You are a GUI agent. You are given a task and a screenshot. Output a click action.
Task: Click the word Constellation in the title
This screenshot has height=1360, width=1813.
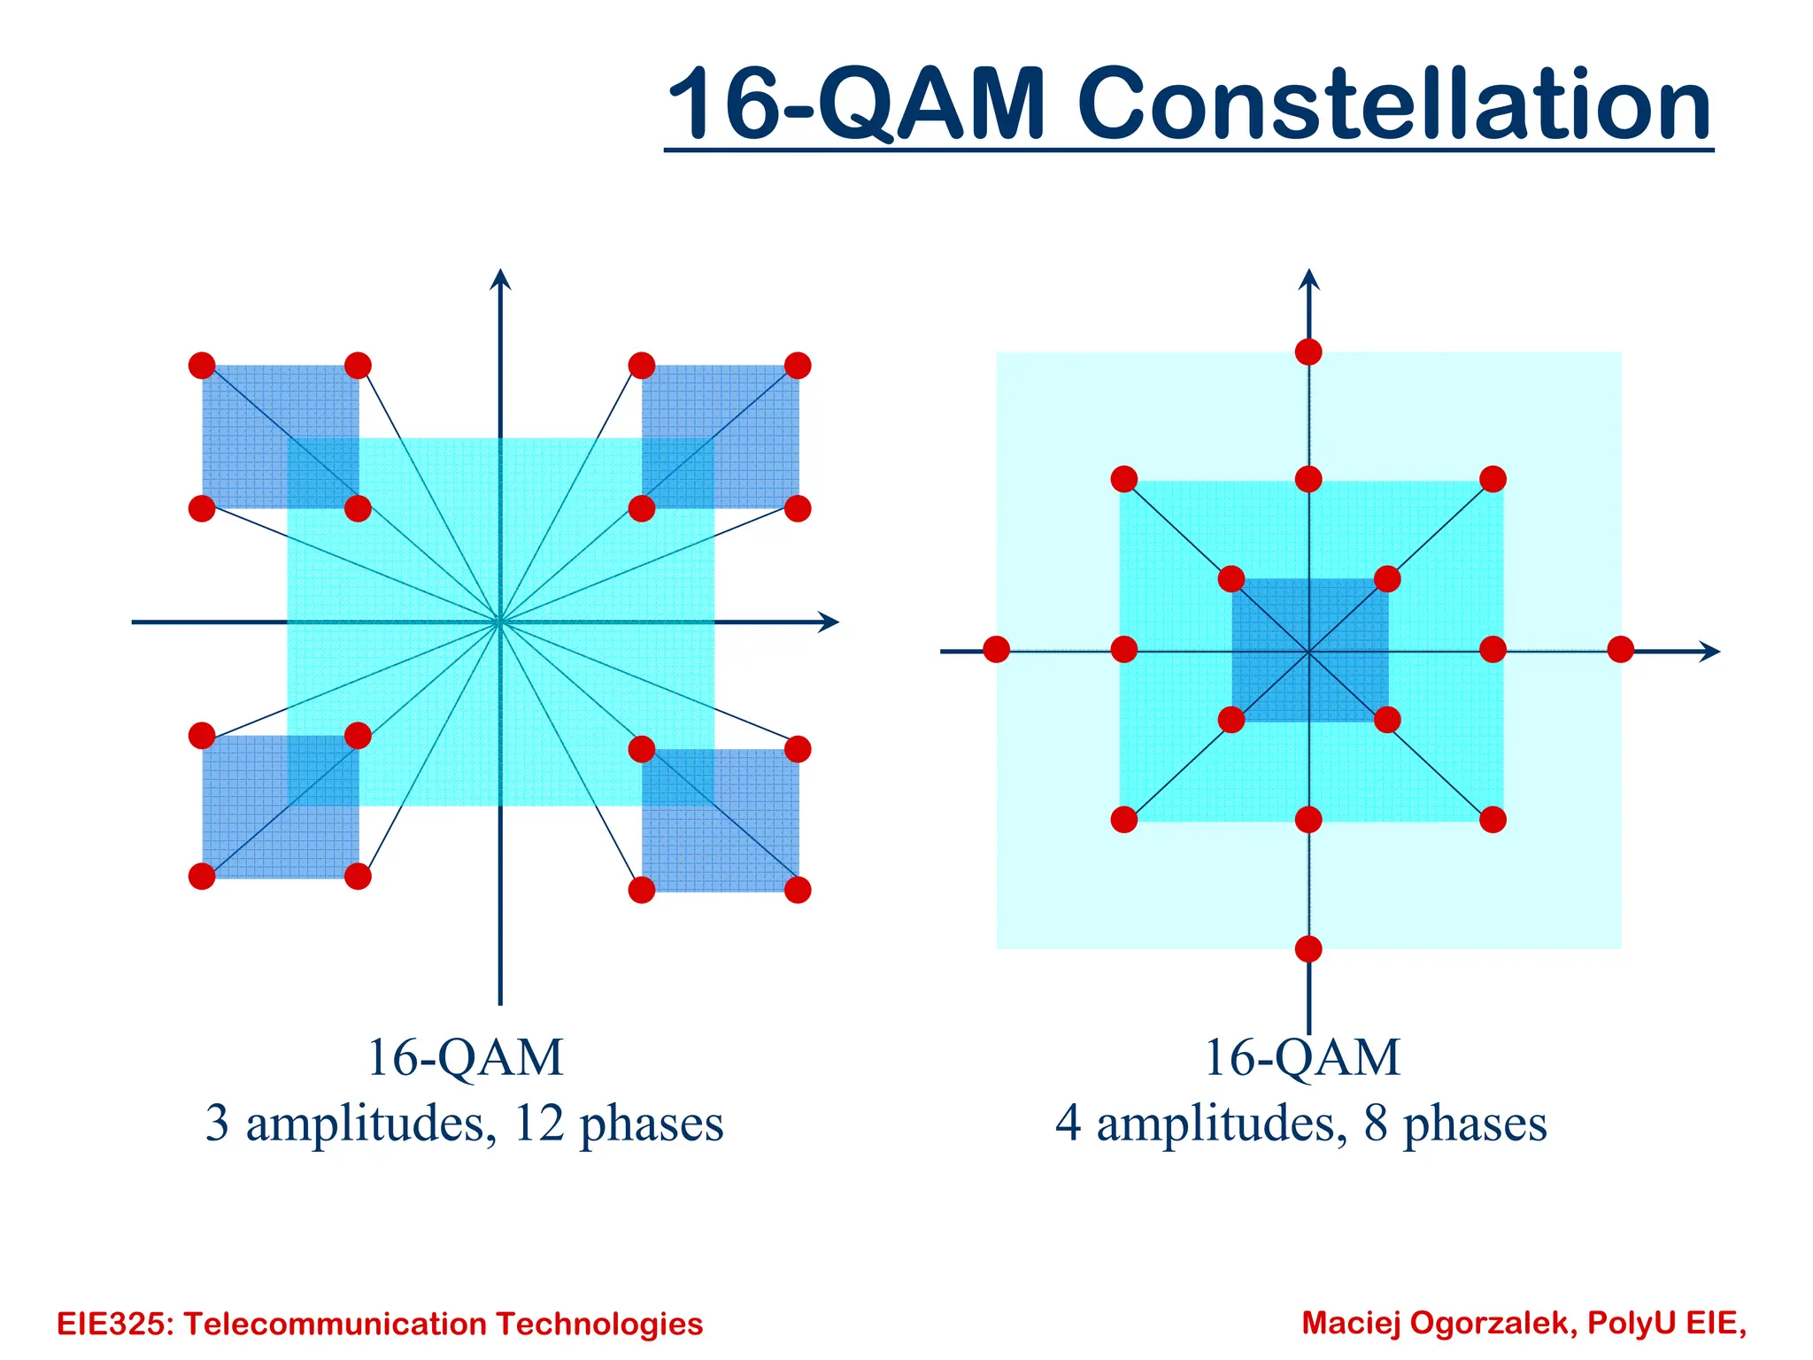pyautogui.click(x=1393, y=104)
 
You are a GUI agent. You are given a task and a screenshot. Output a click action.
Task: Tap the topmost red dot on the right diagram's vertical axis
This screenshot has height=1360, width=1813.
pyautogui.click(x=1308, y=352)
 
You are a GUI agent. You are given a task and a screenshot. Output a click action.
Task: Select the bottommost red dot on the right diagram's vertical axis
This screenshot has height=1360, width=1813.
pyautogui.click(x=1308, y=949)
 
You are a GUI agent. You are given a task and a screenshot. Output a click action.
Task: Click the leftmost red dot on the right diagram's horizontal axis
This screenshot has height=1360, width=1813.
pyautogui.click(x=996, y=649)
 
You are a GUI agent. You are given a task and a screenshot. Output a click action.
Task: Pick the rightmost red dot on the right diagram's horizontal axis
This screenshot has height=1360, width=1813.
pyautogui.click(x=1620, y=649)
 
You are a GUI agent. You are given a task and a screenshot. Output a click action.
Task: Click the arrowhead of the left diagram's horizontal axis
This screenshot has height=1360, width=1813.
pyautogui.click(x=829, y=622)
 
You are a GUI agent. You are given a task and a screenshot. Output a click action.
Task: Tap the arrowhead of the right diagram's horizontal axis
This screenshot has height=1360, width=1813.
pyautogui.click(x=1710, y=652)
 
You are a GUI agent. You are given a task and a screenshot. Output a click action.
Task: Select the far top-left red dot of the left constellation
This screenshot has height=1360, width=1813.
pyautogui.click(x=202, y=365)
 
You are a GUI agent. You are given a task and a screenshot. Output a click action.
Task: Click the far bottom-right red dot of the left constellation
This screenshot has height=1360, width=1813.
pyautogui.click(x=798, y=890)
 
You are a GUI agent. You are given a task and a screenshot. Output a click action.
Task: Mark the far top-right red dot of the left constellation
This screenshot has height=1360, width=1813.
pyautogui.click(x=798, y=365)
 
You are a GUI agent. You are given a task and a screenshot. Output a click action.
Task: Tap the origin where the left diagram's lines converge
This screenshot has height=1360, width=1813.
pyautogui.click(x=500, y=622)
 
